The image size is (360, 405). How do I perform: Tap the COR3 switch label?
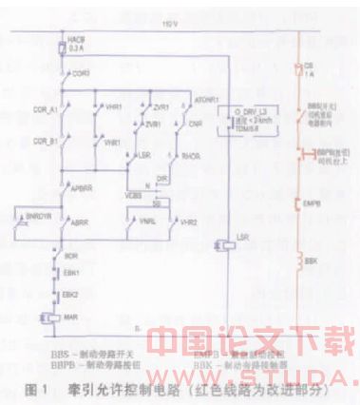[x=81, y=71]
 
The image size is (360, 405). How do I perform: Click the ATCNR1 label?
[x=207, y=99]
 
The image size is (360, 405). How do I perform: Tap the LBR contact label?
[x=144, y=152]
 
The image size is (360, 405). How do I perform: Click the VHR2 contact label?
[x=190, y=221]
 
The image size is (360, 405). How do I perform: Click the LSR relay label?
[x=243, y=244]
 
